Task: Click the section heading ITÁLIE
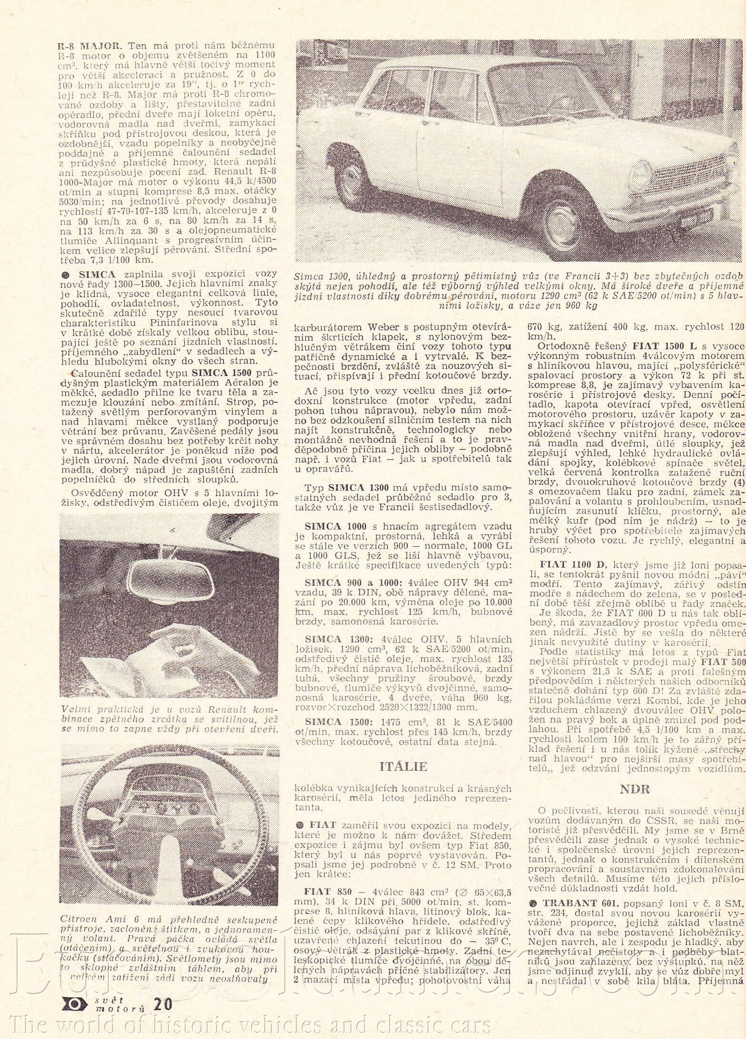tap(403, 767)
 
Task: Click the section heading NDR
tap(635, 788)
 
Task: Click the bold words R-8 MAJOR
tap(90, 46)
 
